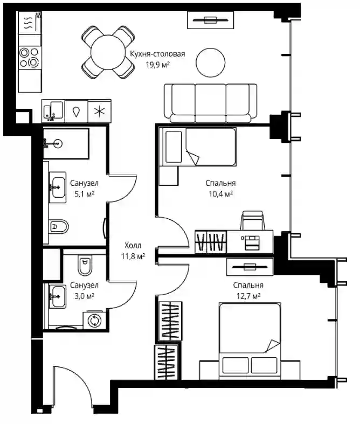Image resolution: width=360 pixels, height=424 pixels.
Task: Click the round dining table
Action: point(108,52)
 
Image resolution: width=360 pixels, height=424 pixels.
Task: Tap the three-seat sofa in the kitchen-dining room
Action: point(210,103)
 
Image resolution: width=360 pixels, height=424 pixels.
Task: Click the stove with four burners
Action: point(30,57)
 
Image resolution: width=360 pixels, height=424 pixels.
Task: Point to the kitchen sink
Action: point(53,111)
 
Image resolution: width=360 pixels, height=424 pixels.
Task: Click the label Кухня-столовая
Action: point(157,54)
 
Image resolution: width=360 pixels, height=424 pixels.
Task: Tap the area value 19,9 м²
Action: point(158,65)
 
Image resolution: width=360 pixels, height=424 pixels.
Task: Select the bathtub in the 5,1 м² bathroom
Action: point(66,144)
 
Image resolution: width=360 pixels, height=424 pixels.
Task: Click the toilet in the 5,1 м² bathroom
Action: point(59,226)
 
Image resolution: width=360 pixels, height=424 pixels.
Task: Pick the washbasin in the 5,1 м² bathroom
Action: point(58,187)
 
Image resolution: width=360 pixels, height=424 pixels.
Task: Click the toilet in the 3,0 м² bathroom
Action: point(85,265)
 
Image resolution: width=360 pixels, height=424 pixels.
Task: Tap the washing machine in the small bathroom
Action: point(94,320)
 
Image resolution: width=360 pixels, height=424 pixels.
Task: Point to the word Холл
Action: point(133,246)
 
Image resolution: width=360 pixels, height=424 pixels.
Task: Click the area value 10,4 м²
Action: point(221,194)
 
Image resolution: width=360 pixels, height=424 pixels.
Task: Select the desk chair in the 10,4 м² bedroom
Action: point(253,220)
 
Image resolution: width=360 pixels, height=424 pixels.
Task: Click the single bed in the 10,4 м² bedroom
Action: point(198,147)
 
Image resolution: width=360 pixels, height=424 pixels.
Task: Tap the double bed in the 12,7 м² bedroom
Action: point(250,341)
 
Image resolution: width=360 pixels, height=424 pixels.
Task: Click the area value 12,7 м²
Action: point(248,296)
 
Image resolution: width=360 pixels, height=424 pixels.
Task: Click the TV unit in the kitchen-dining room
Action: point(210,20)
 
